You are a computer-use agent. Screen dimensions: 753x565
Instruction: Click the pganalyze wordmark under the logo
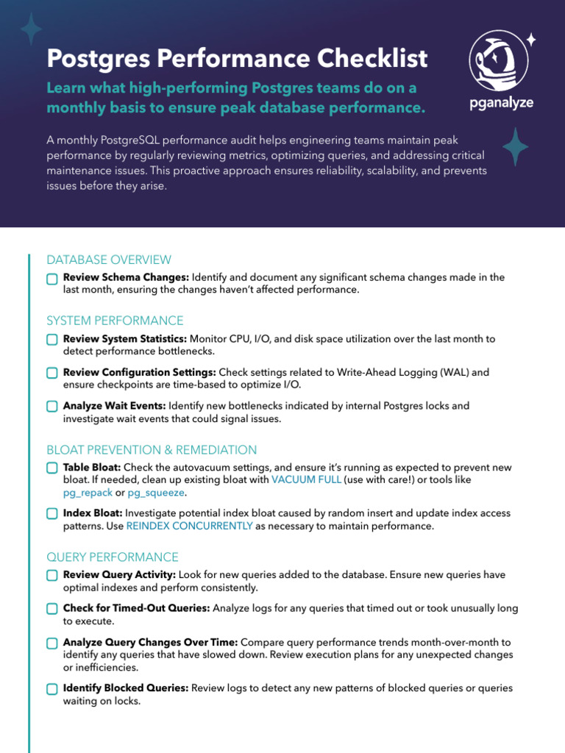pyautogui.click(x=501, y=103)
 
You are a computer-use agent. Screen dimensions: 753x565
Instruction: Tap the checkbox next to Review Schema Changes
pyautogui.click(x=51, y=279)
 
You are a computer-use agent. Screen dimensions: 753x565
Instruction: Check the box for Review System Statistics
pyautogui.click(x=51, y=340)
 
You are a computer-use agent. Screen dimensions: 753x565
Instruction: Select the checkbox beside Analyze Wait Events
pyautogui.click(x=51, y=407)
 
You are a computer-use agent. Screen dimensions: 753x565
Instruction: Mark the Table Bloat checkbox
pyautogui.click(x=51, y=468)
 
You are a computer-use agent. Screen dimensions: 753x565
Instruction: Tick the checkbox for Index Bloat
pyautogui.click(x=51, y=514)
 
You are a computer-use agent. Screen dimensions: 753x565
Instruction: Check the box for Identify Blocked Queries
pyautogui.click(x=51, y=689)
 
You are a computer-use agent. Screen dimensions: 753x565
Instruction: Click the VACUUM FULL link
pyautogui.click(x=306, y=479)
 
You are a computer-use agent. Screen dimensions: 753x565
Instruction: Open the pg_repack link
pyautogui.click(x=88, y=493)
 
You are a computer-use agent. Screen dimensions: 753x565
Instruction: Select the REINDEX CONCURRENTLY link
pyautogui.click(x=190, y=527)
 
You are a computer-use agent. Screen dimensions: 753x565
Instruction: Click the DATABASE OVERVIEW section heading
pyautogui.click(x=109, y=260)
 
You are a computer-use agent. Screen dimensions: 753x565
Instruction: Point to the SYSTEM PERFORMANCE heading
pyautogui.click(x=115, y=321)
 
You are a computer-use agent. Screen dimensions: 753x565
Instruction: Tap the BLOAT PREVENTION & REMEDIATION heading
pyautogui.click(x=152, y=449)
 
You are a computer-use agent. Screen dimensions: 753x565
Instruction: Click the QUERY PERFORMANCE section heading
pyautogui.click(x=113, y=557)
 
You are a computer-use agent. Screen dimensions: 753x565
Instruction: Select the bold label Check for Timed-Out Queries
pyautogui.click(x=136, y=609)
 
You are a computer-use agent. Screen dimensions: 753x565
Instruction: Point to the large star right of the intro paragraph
pyautogui.click(x=515, y=146)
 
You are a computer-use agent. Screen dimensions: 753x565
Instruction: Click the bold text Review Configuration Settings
pyautogui.click(x=139, y=373)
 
